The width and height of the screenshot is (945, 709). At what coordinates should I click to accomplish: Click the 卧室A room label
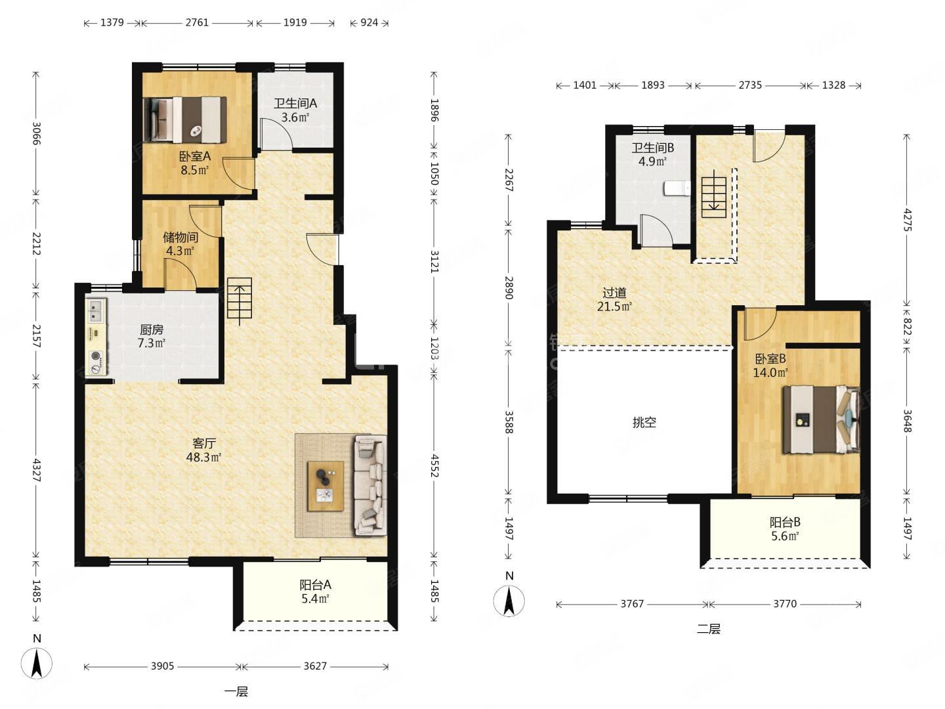(195, 163)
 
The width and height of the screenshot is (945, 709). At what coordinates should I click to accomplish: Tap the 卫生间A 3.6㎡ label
(295, 110)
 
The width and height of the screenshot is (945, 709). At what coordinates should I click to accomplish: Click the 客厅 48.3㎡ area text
(203, 450)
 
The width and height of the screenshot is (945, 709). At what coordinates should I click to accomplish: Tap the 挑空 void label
(644, 422)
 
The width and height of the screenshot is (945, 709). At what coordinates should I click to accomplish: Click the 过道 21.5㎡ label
(614, 299)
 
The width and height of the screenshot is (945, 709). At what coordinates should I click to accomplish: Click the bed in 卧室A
(185, 119)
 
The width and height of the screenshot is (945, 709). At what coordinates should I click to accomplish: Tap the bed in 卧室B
(821, 419)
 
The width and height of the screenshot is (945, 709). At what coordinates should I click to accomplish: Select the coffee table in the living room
(325, 486)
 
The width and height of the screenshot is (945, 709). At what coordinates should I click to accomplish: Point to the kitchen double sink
(96, 311)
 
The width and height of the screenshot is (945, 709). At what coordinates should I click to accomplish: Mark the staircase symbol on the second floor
(714, 194)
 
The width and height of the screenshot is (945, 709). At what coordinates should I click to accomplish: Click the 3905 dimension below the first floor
(162, 666)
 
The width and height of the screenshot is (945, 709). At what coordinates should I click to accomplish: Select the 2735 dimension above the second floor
(750, 85)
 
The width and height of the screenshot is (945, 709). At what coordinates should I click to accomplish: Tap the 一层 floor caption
(236, 692)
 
